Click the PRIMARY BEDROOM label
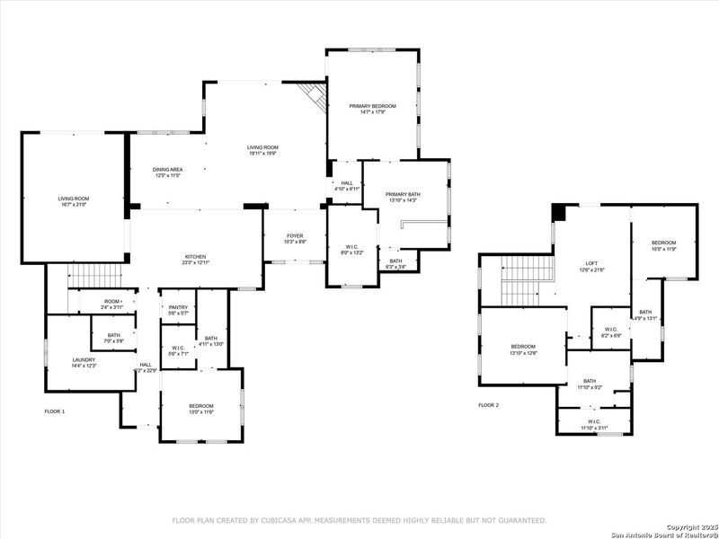372,106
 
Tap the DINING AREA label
168,169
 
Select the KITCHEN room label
197,256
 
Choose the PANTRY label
178,307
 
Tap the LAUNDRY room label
84,359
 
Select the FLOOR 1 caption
55,411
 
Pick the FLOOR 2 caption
488,405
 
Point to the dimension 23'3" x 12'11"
197,262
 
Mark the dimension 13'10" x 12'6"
523,353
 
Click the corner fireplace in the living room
312,94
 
